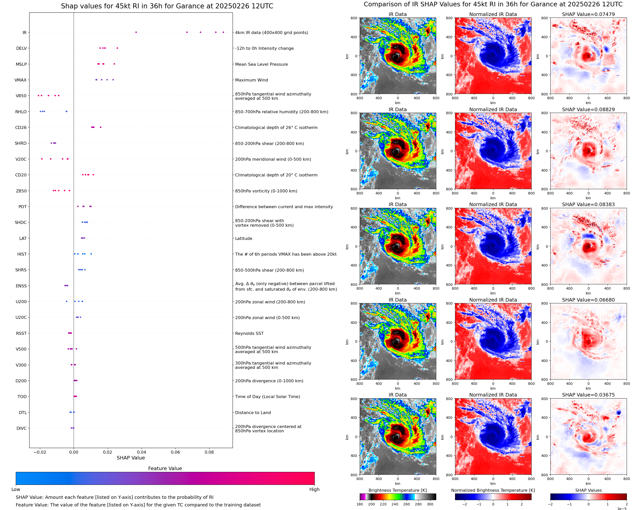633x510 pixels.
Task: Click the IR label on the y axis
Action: [24, 32]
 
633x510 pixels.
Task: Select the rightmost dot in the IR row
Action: [223, 32]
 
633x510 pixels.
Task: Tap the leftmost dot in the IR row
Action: [136, 32]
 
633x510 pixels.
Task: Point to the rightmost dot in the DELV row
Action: [117, 48]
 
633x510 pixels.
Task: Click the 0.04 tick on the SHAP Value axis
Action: [142, 452]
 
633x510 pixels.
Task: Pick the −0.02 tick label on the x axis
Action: [39, 452]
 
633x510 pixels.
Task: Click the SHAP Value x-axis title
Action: [131, 458]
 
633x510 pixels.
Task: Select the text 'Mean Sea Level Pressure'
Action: [261, 64]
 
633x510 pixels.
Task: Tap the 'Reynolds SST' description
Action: [249, 333]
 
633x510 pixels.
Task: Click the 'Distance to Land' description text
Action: [253, 413]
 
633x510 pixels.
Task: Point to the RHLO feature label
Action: [21, 112]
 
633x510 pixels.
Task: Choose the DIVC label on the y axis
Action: [21, 428]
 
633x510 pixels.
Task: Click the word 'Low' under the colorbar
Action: [16, 489]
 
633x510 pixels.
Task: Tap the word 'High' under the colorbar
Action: [314, 489]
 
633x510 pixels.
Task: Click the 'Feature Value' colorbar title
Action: [165, 469]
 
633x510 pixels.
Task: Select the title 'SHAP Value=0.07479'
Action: [588, 14]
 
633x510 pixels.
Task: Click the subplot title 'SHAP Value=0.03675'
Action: [588, 395]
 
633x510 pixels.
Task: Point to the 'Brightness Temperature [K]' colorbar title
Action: [397, 490]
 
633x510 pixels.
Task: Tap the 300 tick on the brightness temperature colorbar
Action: [430, 504]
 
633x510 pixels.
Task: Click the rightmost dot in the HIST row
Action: [91, 254]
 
